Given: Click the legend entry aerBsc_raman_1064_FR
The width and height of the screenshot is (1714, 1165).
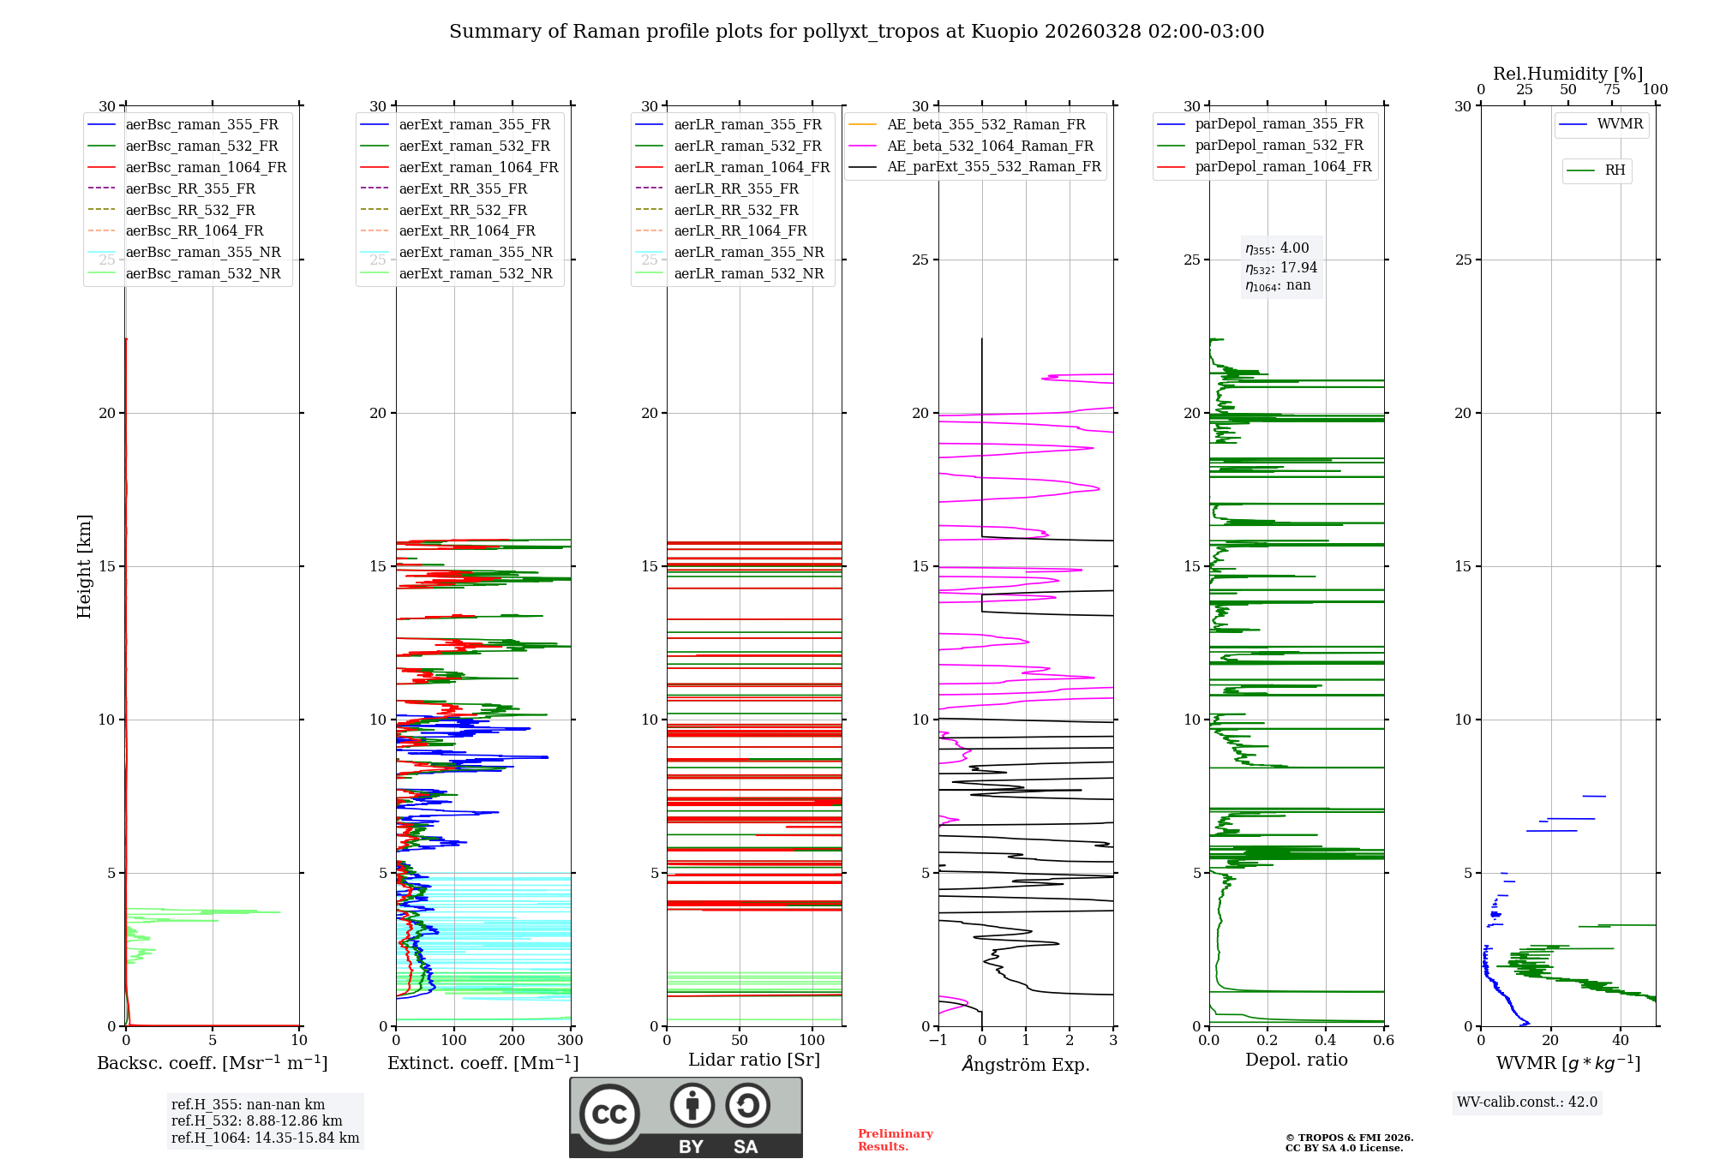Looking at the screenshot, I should click(x=206, y=168).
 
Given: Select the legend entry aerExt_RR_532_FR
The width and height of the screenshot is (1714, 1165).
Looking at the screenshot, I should click(x=463, y=210).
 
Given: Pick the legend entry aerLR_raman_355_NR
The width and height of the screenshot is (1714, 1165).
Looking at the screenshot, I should click(x=748, y=253).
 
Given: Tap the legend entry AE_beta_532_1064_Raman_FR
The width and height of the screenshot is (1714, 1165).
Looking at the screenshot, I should click(x=990, y=146).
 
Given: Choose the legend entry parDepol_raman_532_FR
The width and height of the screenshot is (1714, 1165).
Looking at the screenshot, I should click(x=1279, y=146).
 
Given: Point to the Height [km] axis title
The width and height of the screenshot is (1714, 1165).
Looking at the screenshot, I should click(x=84, y=566).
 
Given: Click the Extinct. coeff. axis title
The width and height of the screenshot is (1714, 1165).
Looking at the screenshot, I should click(x=482, y=1063).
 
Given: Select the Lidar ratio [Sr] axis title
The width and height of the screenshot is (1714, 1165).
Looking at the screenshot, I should click(x=754, y=1060).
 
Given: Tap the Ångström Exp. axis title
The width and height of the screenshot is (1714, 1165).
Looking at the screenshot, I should click(x=1026, y=1064).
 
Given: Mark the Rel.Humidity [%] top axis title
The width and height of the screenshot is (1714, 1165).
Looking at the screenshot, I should click(x=1567, y=74).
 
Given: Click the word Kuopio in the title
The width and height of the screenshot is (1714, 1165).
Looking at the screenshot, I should click(x=1007, y=32).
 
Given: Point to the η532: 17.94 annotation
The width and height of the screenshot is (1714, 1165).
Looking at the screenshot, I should click(x=1281, y=267).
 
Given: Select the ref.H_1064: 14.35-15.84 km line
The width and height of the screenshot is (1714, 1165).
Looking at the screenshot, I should click(x=265, y=1138).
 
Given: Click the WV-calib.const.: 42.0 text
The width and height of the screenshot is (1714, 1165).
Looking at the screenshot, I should click(x=1527, y=1102).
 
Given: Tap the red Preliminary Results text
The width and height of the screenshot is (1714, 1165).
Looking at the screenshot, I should click(x=895, y=1140).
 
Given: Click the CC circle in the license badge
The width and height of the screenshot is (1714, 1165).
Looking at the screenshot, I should click(x=609, y=1114).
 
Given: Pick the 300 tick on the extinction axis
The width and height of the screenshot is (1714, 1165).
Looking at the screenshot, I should click(x=570, y=1041).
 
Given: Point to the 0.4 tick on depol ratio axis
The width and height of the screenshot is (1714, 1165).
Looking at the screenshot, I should click(x=1326, y=1041).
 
